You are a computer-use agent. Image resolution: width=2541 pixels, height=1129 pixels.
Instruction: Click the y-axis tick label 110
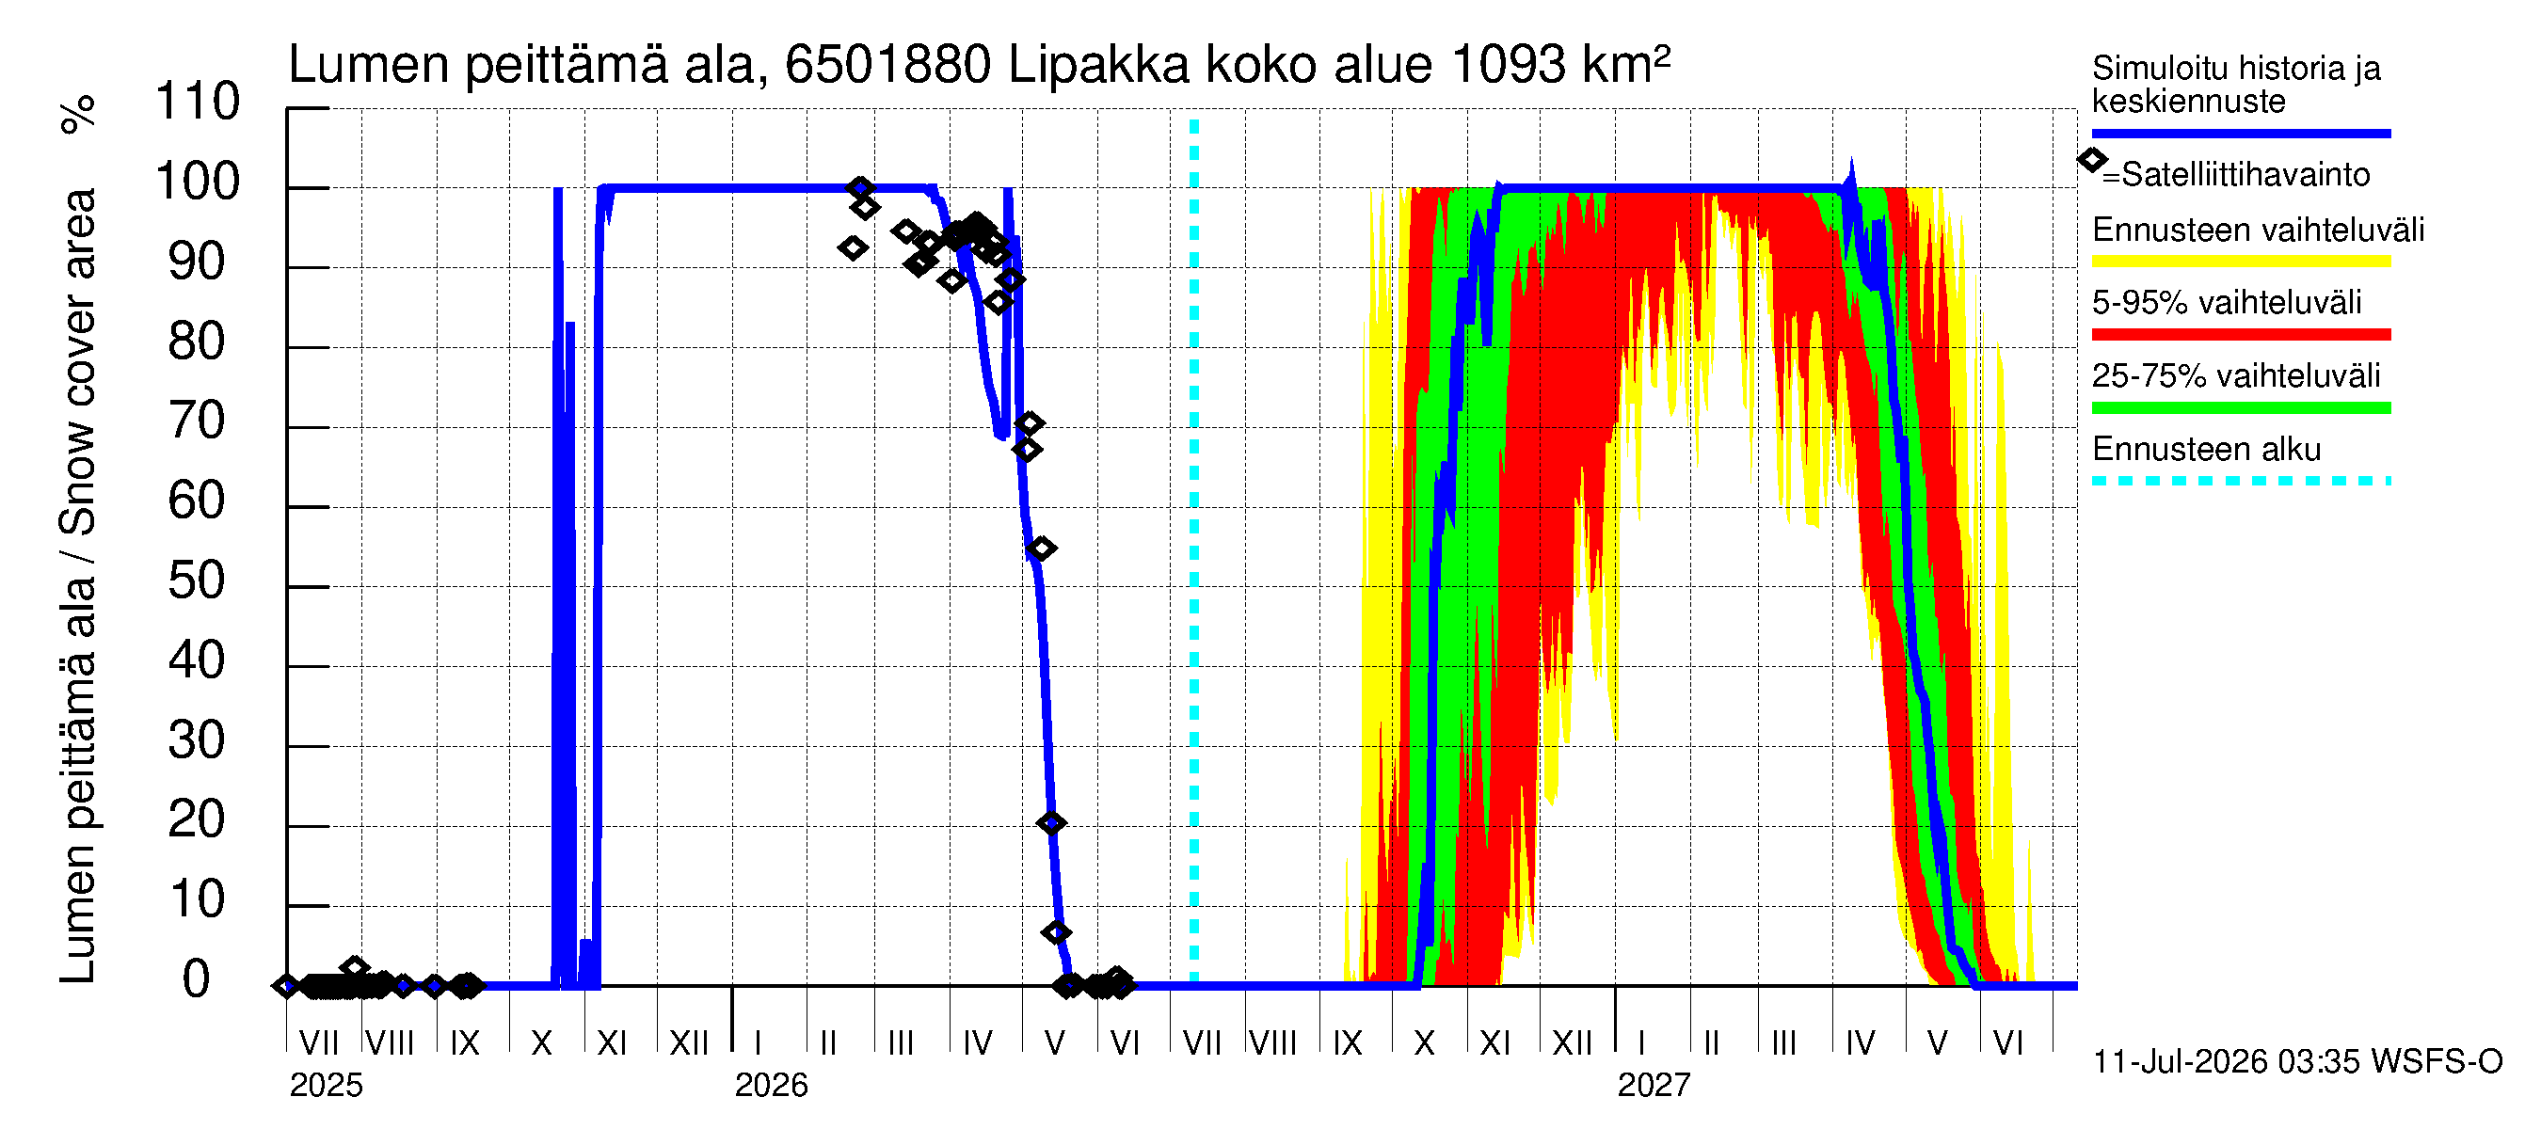198,102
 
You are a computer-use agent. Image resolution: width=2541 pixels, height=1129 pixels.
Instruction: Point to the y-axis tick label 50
197,580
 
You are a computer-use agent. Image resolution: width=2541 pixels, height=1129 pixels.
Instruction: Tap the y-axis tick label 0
197,979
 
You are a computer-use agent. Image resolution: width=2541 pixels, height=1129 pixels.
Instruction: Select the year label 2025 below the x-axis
327,1086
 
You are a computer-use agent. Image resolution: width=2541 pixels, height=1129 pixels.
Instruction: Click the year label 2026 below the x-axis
772,1086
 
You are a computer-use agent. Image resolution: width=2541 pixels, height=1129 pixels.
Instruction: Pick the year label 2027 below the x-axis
1654,1086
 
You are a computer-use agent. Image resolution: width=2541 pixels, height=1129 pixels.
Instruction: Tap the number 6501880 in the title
887,65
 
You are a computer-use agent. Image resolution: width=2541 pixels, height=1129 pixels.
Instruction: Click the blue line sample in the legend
2241,133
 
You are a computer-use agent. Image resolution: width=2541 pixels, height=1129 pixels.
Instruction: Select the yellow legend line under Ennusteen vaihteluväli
2241,262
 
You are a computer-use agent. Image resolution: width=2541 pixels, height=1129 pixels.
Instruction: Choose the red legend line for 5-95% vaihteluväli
2241,334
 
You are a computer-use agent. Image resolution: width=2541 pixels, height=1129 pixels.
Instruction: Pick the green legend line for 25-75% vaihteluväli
2241,407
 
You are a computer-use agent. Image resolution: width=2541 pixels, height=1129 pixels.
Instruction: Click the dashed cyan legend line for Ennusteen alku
2241,480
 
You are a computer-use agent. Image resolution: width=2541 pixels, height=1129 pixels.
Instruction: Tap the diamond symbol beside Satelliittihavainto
2092,160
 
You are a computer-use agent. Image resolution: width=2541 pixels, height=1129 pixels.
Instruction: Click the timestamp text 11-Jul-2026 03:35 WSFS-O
2297,1062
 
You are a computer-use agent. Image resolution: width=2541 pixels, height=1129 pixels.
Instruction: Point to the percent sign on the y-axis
79,115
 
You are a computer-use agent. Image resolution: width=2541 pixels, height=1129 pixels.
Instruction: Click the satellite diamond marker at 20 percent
1051,822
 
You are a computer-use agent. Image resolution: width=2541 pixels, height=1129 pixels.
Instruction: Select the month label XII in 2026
1573,1042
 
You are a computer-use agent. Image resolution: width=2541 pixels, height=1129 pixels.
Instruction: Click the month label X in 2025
541,1042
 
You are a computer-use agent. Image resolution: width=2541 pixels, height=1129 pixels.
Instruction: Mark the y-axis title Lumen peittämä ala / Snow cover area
79,587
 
